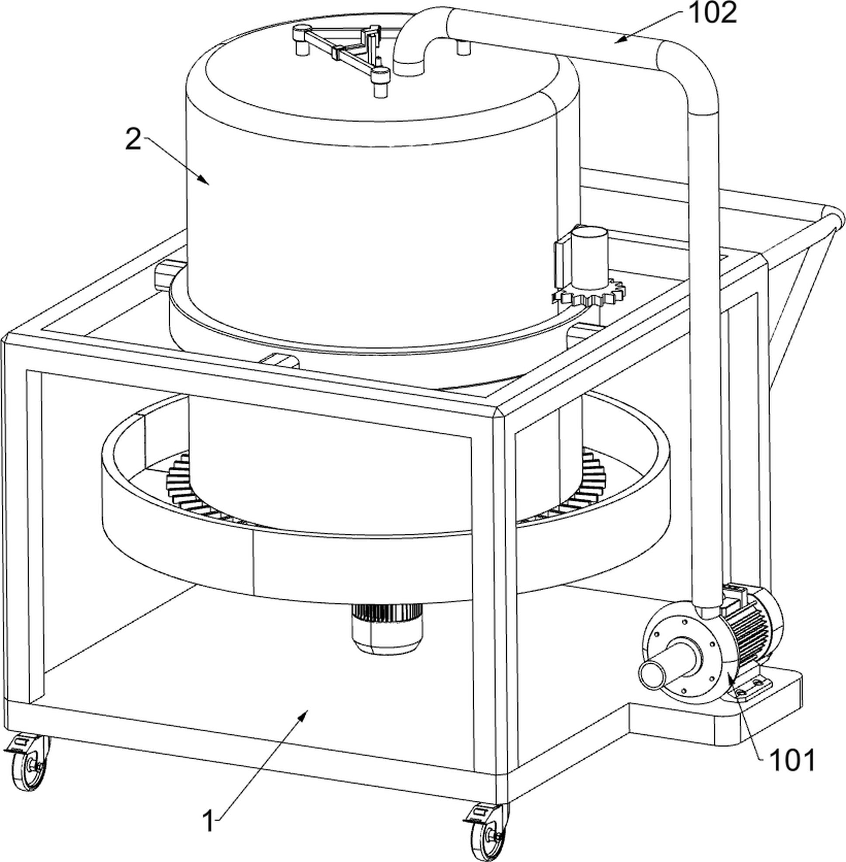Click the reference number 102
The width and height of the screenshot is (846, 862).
[712, 14]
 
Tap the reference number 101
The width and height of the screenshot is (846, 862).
[792, 760]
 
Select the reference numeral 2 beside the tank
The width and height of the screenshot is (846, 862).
[133, 139]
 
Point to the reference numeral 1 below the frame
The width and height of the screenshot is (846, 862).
[209, 820]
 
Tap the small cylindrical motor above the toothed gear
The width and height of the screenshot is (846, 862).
[589, 257]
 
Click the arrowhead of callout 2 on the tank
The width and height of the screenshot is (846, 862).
[204, 179]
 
